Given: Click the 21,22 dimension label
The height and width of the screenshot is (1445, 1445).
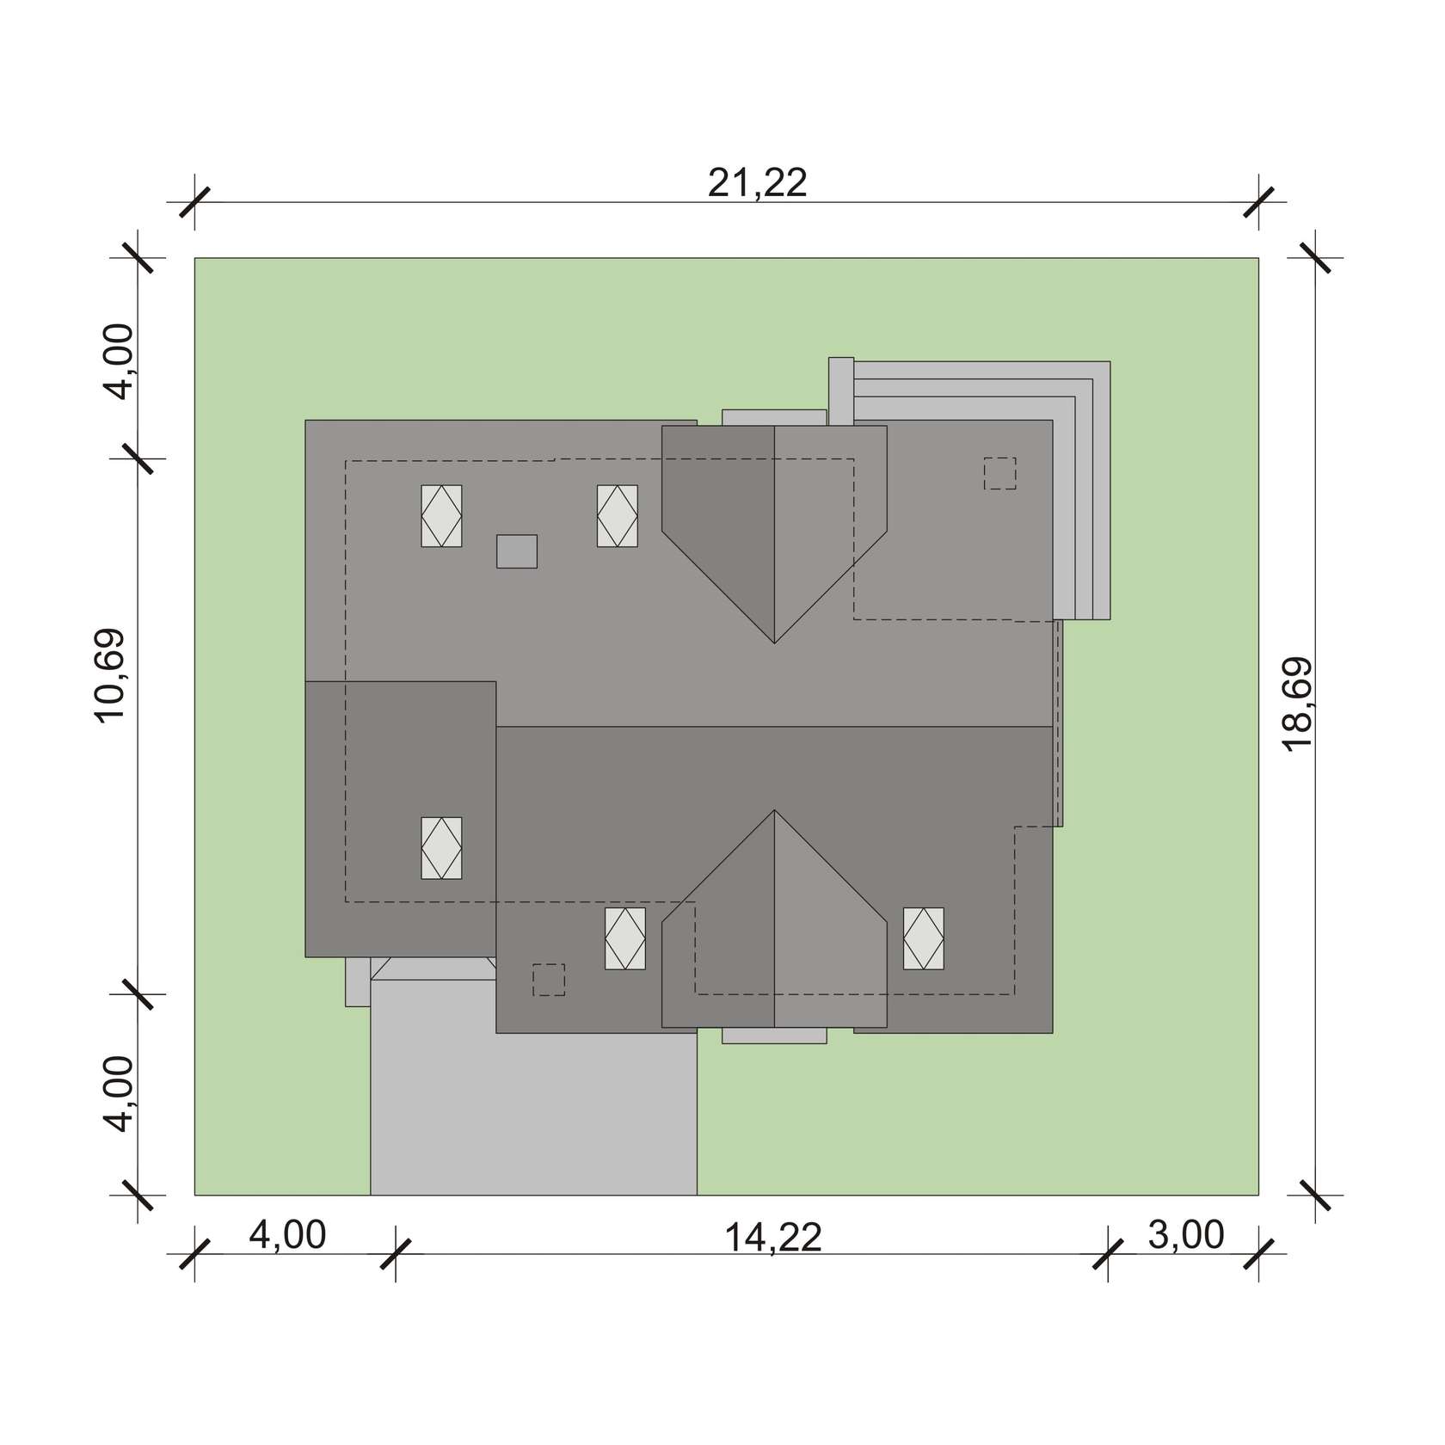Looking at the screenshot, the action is (758, 183).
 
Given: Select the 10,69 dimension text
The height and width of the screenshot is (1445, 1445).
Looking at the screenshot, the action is (111, 676).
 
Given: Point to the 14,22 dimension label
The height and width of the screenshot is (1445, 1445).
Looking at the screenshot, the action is (773, 1238).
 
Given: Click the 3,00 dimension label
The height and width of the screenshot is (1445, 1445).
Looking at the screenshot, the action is (1185, 1235).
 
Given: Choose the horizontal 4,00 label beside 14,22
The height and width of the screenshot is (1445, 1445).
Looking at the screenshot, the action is (287, 1235).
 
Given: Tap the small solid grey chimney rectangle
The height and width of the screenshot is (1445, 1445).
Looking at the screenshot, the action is (517, 551).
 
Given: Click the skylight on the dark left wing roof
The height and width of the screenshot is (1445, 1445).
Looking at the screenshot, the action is (441, 848).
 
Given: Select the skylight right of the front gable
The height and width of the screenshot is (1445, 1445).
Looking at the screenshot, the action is (923, 939).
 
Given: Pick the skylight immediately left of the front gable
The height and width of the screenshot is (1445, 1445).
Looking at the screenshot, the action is (625, 939).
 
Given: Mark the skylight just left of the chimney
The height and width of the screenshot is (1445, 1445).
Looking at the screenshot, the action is (441, 516).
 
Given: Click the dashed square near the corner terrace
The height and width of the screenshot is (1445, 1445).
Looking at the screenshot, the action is (999, 473).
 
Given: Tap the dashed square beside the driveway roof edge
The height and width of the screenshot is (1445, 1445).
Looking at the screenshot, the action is (549, 980).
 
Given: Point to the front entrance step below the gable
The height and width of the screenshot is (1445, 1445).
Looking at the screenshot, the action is (774, 1036).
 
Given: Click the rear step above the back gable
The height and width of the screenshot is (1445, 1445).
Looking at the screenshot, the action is (774, 417).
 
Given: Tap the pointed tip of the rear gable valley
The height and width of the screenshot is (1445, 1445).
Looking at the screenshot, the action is (774, 643).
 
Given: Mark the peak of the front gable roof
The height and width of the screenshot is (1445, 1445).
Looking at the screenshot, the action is (774, 810).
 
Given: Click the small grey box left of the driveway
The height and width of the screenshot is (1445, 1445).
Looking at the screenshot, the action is (358, 981).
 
